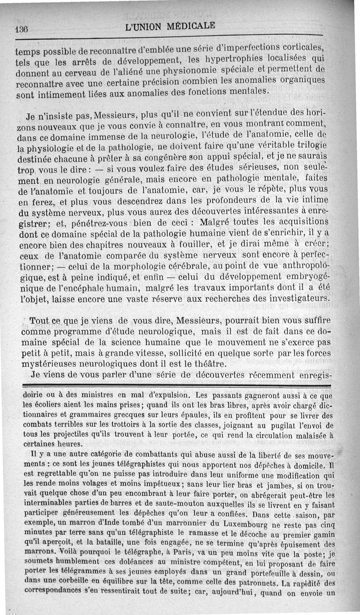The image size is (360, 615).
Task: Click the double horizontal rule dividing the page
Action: tap(176, 386)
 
